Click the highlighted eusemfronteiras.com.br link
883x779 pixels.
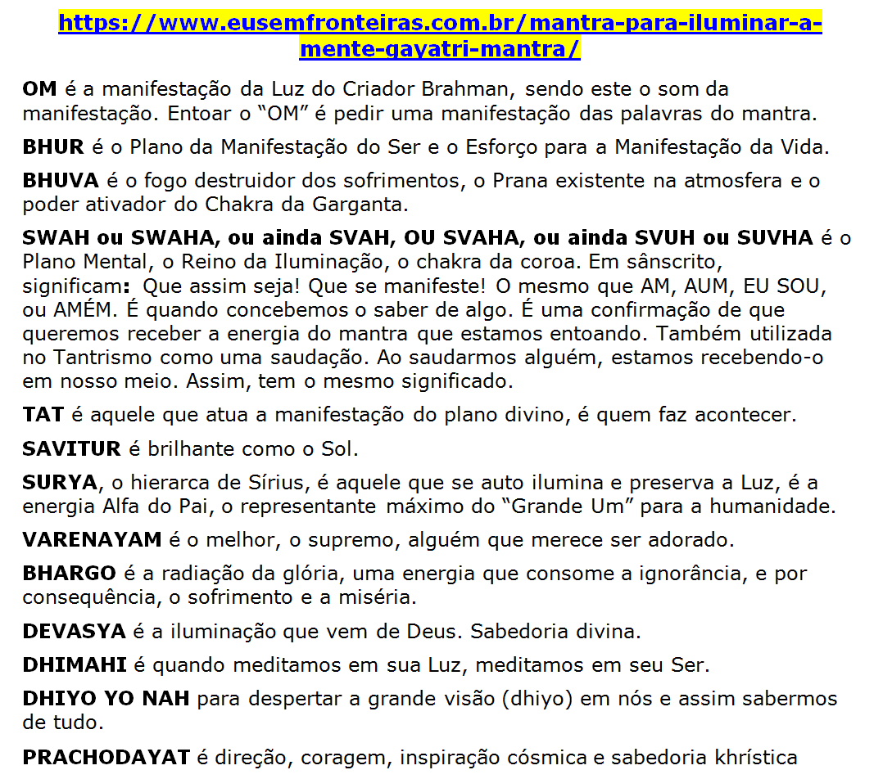(x=441, y=23)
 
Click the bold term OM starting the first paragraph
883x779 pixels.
(x=40, y=88)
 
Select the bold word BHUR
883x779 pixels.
(x=53, y=148)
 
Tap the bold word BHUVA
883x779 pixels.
(x=61, y=180)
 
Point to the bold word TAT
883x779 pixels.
(x=43, y=415)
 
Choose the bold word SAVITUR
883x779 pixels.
(x=71, y=448)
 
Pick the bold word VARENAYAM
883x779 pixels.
(x=93, y=540)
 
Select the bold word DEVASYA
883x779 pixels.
(x=74, y=632)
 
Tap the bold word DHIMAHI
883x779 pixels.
(x=75, y=665)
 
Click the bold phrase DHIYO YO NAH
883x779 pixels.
(x=106, y=699)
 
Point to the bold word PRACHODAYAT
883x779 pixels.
(x=106, y=758)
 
